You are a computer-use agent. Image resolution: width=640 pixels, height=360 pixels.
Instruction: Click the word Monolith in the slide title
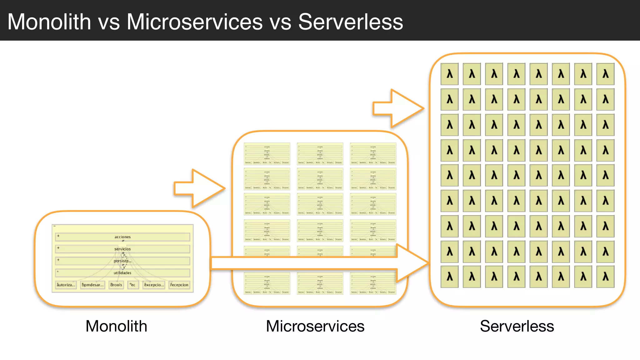pyautogui.click(x=49, y=22)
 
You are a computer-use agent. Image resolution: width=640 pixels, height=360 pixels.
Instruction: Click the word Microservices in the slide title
pyautogui.click(x=194, y=22)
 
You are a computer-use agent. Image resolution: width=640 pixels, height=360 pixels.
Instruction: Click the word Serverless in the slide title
pyautogui.click(x=350, y=22)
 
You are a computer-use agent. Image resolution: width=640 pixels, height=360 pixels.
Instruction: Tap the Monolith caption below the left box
pyautogui.click(x=116, y=326)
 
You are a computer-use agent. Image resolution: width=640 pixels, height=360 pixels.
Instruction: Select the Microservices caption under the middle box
pyautogui.click(x=315, y=326)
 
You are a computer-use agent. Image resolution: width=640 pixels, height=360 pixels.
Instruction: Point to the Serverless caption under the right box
pyautogui.click(x=517, y=326)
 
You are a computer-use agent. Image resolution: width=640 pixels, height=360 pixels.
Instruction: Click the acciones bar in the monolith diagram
pyautogui.click(x=122, y=237)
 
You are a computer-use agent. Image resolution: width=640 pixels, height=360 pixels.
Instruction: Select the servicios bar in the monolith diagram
pyautogui.click(x=122, y=249)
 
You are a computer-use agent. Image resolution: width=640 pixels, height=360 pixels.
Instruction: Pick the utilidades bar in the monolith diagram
pyautogui.click(x=122, y=273)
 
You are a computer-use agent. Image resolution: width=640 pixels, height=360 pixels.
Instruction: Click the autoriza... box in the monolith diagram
pyautogui.click(x=66, y=285)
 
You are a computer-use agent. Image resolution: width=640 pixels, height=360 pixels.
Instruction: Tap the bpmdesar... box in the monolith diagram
pyautogui.click(x=92, y=285)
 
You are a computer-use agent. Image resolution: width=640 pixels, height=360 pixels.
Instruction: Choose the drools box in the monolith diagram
pyautogui.click(x=116, y=285)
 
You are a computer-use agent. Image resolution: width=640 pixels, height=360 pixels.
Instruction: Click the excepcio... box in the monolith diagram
pyautogui.click(x=153, y=285)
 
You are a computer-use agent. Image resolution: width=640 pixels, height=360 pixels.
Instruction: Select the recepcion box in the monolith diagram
pyautogui.click(x=179, y=285)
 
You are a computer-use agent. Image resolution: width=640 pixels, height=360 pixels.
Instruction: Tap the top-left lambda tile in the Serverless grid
pyautogui.click(x=449, y=74)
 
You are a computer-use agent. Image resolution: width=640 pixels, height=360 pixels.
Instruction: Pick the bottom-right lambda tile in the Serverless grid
pyautogui.click(x=605, y=277)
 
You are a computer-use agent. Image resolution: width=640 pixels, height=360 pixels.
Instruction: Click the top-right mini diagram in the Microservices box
pyautogui.click(x=373, y=154)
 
